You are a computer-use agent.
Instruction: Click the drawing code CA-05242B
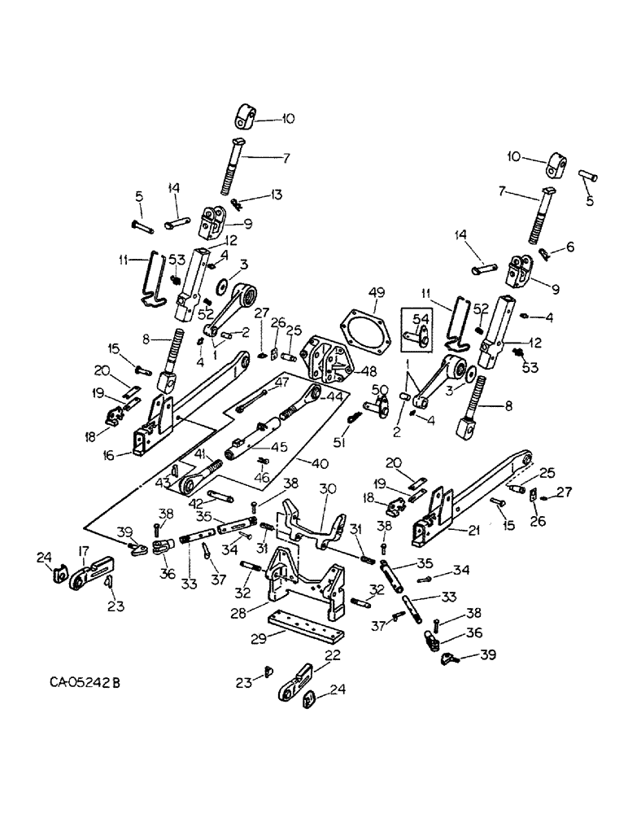coord(82,680)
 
